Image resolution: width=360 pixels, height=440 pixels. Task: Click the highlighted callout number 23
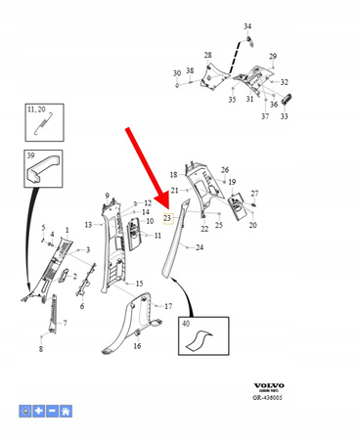167,218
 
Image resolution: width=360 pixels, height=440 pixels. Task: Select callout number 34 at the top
247,25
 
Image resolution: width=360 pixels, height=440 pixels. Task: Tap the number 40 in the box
186,323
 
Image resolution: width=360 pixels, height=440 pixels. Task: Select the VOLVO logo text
266,386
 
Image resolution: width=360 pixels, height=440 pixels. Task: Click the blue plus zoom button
39,412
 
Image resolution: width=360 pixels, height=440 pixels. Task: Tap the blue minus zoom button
52,412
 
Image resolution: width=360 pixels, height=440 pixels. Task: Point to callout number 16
137,346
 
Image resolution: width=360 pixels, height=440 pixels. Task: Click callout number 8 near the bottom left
40,349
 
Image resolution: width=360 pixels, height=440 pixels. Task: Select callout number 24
200,248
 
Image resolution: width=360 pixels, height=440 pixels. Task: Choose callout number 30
177,73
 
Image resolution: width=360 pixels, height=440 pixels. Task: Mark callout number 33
284,115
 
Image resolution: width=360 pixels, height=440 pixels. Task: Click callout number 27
254,194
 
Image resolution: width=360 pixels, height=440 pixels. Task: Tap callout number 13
87,225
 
